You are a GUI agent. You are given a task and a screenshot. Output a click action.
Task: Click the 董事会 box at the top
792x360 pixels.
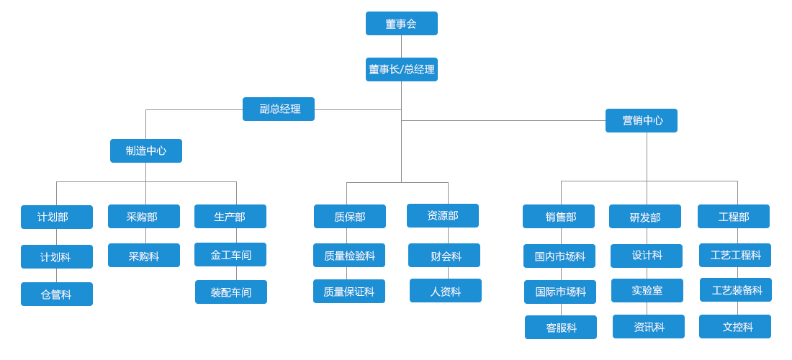[401, 23]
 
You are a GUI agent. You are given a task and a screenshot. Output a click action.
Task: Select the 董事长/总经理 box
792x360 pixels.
[401, 69]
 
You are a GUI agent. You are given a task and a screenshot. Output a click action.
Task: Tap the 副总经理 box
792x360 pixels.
[279, 109]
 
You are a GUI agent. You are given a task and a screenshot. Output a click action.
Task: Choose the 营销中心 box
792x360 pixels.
[641, 120]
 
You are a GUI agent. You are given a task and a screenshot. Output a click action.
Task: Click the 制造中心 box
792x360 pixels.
[146, 150]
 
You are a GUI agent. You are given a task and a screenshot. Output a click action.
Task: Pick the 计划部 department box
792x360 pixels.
[57, 217]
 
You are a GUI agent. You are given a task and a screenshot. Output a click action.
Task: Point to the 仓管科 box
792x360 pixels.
[57, 294]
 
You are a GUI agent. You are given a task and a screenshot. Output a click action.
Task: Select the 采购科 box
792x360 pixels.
[144, 255]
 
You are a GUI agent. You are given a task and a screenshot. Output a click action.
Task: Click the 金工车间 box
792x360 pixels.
[230, 254]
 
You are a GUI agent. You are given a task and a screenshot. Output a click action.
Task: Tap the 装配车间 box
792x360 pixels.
[231, 292]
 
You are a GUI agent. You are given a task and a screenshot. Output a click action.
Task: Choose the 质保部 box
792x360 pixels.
[350, 216]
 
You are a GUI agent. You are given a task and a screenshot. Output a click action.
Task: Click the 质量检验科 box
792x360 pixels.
[349, 255]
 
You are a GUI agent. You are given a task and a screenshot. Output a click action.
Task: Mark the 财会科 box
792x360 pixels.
[444, 255]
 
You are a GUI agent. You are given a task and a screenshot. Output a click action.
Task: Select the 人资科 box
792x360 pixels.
[446, 290]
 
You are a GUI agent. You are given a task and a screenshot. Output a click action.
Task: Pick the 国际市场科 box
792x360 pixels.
[560, 292]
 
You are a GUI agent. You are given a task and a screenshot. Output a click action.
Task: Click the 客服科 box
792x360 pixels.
[561, 327]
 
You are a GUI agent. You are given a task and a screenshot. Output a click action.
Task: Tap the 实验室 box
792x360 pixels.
[647, 290]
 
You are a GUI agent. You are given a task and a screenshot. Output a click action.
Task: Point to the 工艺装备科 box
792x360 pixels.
[736, 289]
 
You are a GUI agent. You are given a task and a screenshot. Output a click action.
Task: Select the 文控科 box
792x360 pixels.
[735, 326]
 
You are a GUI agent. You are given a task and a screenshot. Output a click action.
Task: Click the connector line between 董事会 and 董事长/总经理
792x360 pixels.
[401, 46]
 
